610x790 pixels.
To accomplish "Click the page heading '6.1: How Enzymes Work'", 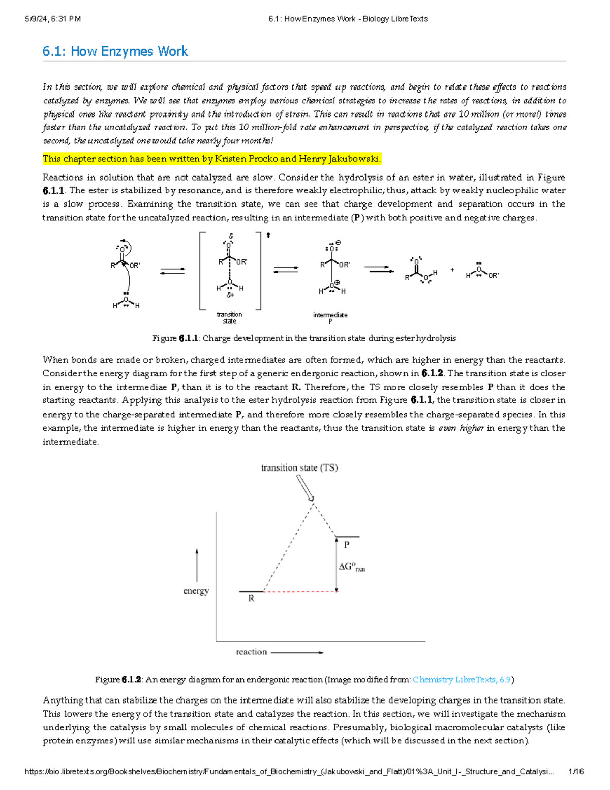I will click(x=115, y=51).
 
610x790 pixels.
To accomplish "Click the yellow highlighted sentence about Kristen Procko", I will click(x=211, y=159).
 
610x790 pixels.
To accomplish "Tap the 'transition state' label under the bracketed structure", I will click(x=229, y=317).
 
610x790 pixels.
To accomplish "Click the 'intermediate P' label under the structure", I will click(x=330, y=318).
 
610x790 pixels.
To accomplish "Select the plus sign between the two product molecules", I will click(x=452, y=270).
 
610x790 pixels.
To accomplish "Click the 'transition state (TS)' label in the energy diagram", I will click(x=299, y=467).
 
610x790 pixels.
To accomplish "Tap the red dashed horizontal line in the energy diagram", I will click(x=300, y=592).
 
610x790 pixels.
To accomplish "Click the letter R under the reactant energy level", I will click(x=251, y=599).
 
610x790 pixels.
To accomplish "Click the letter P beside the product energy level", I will click(x=347, y=545).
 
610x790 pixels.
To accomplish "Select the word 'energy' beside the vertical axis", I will click(x=196, y=591).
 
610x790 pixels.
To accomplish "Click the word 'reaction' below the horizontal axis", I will click(x=251, y=652).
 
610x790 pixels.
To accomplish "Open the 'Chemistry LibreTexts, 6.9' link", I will click(x=462, y=680).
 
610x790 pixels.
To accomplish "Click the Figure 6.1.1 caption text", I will click(x=304, y=338).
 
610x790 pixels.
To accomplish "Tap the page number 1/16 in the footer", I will click(x=576, y=772).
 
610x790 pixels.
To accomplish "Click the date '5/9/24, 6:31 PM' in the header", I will click(x=53, y=19).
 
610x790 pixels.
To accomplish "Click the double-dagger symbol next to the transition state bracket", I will click(x=268, y=235).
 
